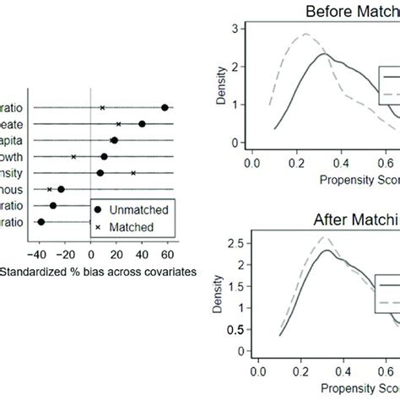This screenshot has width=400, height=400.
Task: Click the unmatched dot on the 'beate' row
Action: (142, 124)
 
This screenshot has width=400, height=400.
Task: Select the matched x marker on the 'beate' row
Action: (118, 124)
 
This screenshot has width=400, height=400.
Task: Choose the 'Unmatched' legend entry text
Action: (140, 208)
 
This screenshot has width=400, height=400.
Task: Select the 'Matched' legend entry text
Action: (134, 226)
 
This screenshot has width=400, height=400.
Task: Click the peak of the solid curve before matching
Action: (322, 55)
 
